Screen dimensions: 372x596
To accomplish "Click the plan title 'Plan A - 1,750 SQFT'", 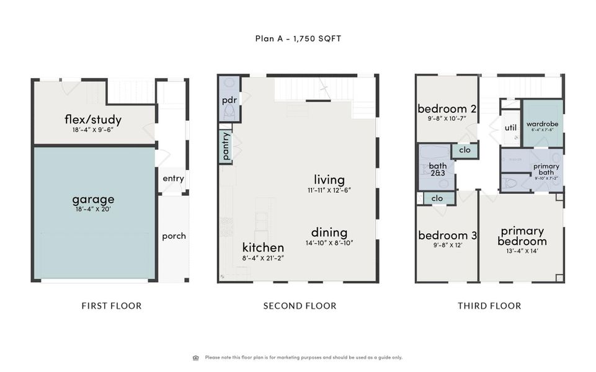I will [298, 38].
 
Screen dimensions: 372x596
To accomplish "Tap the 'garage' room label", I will [93, 199].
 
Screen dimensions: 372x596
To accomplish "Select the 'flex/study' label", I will [93, 120].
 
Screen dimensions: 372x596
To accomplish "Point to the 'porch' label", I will [174, 236].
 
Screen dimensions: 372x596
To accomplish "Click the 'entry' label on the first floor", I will [173, 179].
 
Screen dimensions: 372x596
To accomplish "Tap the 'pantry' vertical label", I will [226, 146].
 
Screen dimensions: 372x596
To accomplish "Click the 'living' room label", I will [329, 179].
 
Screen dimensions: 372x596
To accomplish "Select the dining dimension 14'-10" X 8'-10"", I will [329, 242].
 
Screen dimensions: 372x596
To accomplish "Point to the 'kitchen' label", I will [263, 247].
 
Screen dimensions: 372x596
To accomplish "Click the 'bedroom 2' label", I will [447, 108].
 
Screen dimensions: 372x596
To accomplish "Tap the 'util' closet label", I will [510, 128].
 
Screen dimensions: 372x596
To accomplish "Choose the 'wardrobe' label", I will [542, 123].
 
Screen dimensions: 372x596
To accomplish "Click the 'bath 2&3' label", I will [438, 169].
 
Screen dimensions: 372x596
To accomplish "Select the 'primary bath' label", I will [546, 169].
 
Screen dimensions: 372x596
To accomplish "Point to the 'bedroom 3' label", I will [447, 236].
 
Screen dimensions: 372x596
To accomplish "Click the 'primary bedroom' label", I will [522, 236].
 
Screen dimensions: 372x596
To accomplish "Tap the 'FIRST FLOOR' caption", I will [112, 306].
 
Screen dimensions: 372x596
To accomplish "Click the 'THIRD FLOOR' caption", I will [489, 306].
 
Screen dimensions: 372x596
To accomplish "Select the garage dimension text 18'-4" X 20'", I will [93, 210].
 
